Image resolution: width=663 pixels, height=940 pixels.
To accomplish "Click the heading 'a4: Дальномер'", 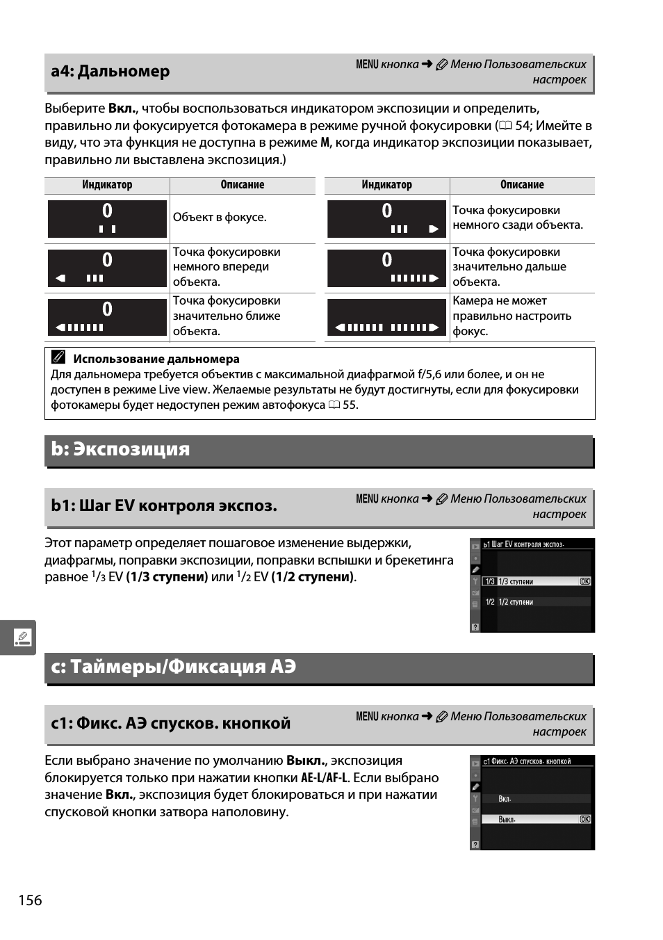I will pyautogui.click(x=110, y=72).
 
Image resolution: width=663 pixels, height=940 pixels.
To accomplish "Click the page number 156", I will pyautogui.click(x=31, y=900).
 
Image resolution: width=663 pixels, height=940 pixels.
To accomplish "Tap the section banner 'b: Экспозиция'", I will pyautogui.click(x=120, y=449).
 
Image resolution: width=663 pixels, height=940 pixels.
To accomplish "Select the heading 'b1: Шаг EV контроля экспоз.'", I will pyautogui.click(x=164, y=506).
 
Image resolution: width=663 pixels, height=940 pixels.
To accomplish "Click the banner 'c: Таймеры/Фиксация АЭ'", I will pyautogui.click(x=174, y=667).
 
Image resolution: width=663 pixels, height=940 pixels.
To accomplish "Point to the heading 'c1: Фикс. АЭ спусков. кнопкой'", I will pyautogui.click(x=171, y=724).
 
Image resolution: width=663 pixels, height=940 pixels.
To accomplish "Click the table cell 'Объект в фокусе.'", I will pyautogui.click(x=220, y=218).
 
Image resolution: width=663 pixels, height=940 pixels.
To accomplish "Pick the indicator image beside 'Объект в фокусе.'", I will pyautogui.click(x=107, y=219).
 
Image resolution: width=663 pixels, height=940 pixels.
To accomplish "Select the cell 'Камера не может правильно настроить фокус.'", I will pyautogui.click(x=512, y=316).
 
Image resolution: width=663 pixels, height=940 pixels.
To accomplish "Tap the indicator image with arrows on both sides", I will pyautogui.click(x=386, y=318).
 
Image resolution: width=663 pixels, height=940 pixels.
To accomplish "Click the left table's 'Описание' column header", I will pyautogui.click(x=243, y=185).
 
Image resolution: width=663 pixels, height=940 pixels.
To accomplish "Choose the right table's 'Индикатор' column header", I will pyautogui.click(x=386, y=185).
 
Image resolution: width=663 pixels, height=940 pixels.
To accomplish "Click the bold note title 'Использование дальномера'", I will pyautogui.click(x=156, y=359).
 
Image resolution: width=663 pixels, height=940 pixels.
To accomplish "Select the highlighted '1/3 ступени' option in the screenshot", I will pyautogui.click(x=516, y=582).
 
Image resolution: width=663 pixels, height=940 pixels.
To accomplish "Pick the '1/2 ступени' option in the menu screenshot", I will pyautogui.click(x=516, y=602).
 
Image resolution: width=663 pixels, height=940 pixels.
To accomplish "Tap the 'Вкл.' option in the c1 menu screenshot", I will pyautogui.click(x=505, y=800).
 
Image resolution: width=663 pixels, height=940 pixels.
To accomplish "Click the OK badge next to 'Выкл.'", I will pyautogui.click(x=585, y=820).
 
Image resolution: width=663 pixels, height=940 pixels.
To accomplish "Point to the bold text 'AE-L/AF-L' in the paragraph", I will pyautogui.click(x=325, y=778).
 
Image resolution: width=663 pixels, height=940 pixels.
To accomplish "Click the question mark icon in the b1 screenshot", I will pyautogui.click(x=475, y=627).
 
